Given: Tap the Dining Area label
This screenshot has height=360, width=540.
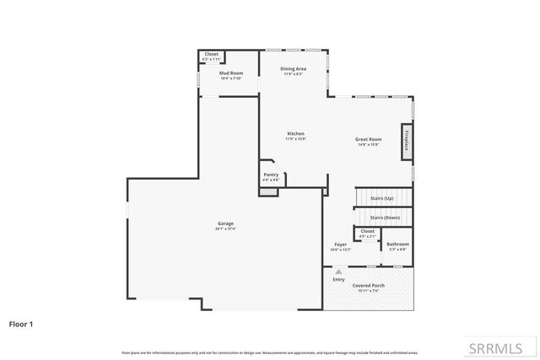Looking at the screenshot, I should tap(293, 69).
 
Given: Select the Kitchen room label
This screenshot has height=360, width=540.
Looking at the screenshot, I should tap(295, 134).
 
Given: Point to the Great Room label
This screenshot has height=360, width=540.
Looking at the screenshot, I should tap(369, 139).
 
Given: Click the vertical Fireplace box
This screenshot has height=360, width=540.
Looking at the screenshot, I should tap(407, 140).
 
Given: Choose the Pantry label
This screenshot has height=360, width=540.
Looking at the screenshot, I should tap(271, 175).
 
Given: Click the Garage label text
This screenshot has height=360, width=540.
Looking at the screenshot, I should tap(225, 223).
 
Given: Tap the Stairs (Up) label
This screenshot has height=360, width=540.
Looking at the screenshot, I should tap(382, 197).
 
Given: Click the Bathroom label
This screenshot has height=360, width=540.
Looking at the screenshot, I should tap(397, 244).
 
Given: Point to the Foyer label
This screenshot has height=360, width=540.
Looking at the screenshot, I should tap(339, 244).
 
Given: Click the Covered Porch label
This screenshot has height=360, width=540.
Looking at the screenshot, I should tap(370, 286).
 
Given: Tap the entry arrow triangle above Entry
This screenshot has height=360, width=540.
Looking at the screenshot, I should tap(338, 272).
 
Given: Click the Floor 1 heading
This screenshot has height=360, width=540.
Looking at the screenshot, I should tap(21, 323).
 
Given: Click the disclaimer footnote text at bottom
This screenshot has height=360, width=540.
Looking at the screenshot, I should tap(270, 352).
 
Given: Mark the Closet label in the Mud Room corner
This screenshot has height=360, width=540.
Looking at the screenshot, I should tap(212, 54).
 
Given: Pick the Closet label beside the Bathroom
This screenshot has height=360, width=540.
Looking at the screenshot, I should tap(367, 231).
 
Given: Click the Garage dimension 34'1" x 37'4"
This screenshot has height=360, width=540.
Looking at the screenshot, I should tap(225, 228).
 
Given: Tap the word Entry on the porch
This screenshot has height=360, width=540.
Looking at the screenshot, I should tap(338, 279).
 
